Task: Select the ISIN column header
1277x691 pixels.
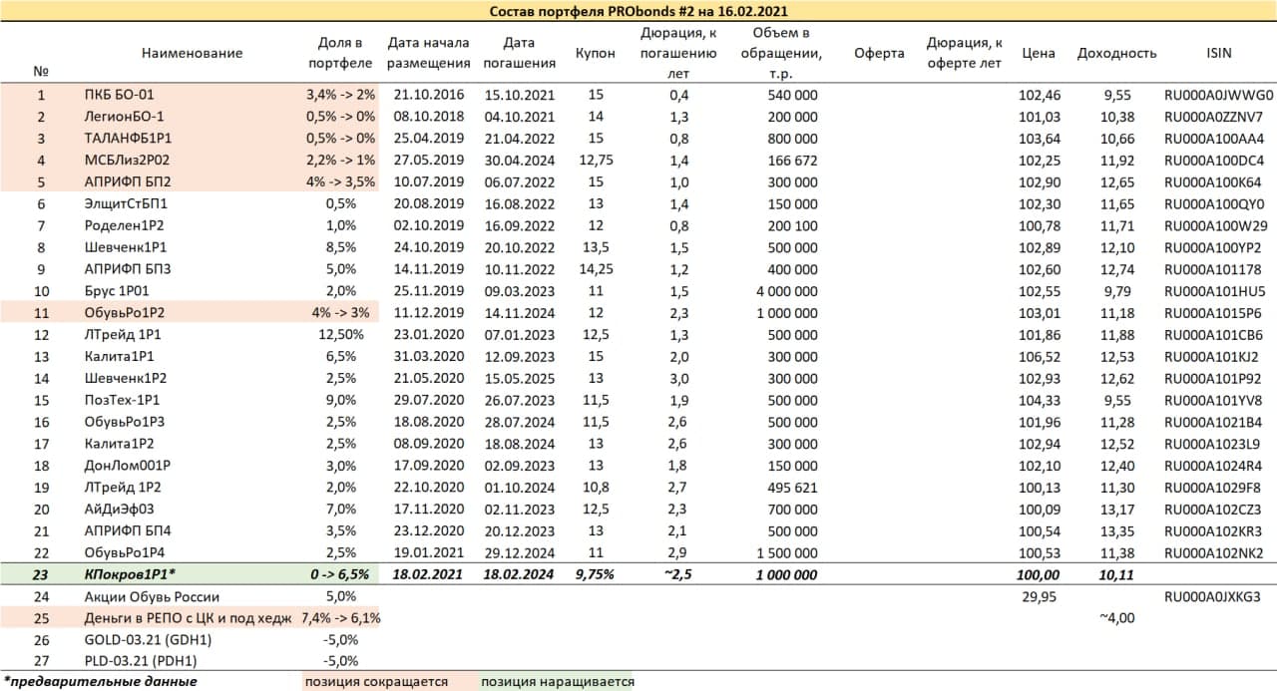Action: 1218,53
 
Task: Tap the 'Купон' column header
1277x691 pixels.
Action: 596,53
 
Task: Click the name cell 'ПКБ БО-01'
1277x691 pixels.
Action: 119,96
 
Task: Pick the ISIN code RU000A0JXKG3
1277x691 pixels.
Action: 1219,596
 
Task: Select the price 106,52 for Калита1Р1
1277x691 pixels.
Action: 1039,356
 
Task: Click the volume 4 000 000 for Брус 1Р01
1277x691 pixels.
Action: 781,291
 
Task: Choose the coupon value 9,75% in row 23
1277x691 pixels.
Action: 596,574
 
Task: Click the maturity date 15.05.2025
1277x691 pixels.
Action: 519,378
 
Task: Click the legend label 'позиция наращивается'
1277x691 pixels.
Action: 557,682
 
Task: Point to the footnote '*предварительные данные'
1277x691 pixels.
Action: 100,682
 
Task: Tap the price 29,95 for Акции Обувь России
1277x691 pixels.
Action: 1039,596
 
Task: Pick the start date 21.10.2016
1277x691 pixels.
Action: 429,96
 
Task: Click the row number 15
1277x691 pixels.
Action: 41,400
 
